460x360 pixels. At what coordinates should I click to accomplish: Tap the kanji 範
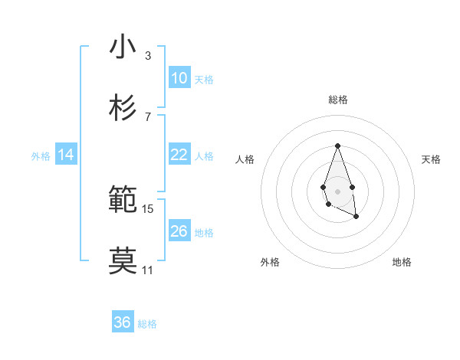(x=123, y=200)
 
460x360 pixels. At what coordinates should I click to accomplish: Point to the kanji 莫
(x=123, y=261)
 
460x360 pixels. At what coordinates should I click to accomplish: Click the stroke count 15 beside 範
(x=148, y=208)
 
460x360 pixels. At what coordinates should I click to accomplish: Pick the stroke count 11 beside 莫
(x=147, y=270)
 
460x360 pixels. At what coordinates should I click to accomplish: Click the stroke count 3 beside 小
(x=147, y=55)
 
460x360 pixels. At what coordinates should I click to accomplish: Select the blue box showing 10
(x=179, y=78)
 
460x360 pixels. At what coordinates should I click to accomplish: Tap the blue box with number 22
(x=179, y=155)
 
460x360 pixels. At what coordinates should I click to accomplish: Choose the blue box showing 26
(x=179, y=231)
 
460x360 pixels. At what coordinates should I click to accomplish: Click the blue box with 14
(x=66, y=155)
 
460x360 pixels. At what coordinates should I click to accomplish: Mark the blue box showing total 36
(x=123, y=322)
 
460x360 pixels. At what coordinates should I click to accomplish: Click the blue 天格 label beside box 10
(x=204, y=79)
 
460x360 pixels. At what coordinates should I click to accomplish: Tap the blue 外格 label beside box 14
(x=41, y=155)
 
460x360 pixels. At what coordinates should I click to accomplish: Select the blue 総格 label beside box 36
(x=148, y=323)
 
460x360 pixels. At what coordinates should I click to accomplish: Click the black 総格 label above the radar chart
(x=337, y=100)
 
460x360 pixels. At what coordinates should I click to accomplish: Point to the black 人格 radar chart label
(x=245, y=159)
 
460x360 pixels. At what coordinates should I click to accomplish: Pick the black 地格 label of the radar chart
(x=402, y=262)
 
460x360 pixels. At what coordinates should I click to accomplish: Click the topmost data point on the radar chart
(x=337, y=146)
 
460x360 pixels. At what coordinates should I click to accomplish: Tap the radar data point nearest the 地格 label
(x=356, y=217)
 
